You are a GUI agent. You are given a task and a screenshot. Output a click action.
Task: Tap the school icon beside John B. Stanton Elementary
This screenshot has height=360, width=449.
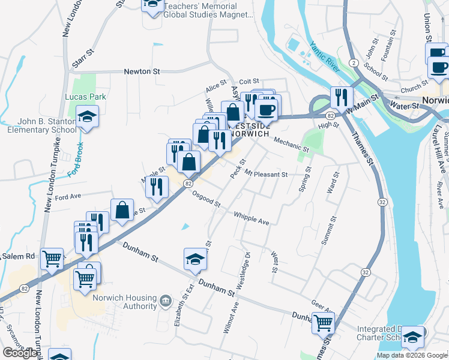tap(88, 116)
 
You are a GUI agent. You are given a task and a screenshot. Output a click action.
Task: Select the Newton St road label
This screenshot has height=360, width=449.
tap(142, 71)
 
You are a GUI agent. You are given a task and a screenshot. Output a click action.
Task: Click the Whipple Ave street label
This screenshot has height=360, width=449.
tap(252, 218)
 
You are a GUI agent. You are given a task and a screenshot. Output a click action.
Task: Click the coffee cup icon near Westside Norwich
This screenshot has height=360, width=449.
tap(266, 109)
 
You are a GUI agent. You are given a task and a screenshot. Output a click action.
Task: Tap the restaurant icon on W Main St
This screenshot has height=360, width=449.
tap(341, 97)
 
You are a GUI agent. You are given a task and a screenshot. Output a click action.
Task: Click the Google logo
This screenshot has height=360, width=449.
tap(21, 353)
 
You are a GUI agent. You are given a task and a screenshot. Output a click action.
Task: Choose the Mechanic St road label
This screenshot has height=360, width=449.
tap(291, 145)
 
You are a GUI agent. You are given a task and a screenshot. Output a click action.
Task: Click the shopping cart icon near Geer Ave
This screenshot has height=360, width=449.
tap(323, 323)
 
